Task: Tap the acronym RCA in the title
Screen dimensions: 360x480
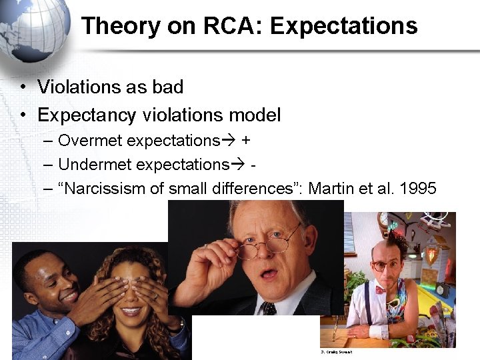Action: (x=230, y=26)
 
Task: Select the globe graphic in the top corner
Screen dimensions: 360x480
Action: (x=37, y=30)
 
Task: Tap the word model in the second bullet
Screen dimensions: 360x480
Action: (x=255, y=115)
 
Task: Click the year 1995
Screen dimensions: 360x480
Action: (x=418, y=188)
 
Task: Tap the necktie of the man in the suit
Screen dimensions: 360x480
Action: (x=269, y=308)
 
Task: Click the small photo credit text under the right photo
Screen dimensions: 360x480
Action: (x=336, y=352)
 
